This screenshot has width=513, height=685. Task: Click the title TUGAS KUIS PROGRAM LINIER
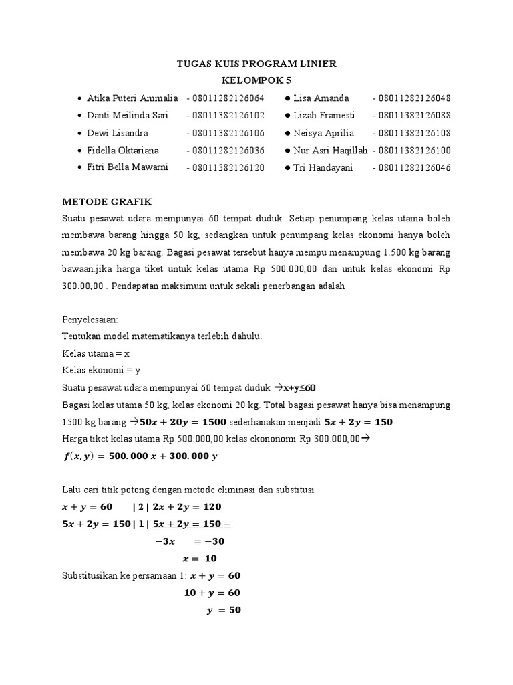tap(256, 64)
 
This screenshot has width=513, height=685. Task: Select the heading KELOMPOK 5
tap(256, 80)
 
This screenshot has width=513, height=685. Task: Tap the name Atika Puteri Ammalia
tap(132, 98)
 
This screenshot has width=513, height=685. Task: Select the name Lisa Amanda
tap(321, 98)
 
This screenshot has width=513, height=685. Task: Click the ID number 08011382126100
tap(411, 150)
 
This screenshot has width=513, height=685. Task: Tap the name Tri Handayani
tap(323, 167)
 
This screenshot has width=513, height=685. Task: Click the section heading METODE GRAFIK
tap(107, 201)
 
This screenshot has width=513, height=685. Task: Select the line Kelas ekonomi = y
tap(101, 370)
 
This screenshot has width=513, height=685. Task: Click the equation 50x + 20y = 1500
tap(182, 422)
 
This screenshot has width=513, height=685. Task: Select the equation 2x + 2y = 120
tap(183, 506)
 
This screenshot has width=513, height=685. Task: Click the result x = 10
tap(200, 558)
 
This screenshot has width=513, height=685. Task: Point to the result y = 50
tap(223, 610)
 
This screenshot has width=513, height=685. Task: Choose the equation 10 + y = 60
tap(212, 593)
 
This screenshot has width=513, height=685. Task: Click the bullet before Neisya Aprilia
tap(287, 133)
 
